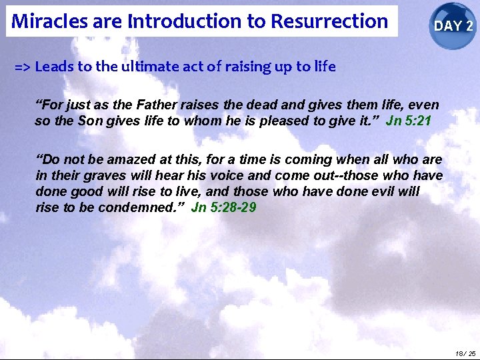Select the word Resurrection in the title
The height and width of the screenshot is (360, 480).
click(x=329, y=21)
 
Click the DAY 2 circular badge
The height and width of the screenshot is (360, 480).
click(x=453, y=26)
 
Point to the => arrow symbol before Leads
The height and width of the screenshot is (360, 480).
click(x=23, y=67)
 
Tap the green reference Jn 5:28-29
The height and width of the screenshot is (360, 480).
click(x=223, y=207)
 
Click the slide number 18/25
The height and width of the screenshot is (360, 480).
click(x=466, y=353)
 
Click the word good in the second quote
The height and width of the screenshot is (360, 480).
click(x=81, y=191)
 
